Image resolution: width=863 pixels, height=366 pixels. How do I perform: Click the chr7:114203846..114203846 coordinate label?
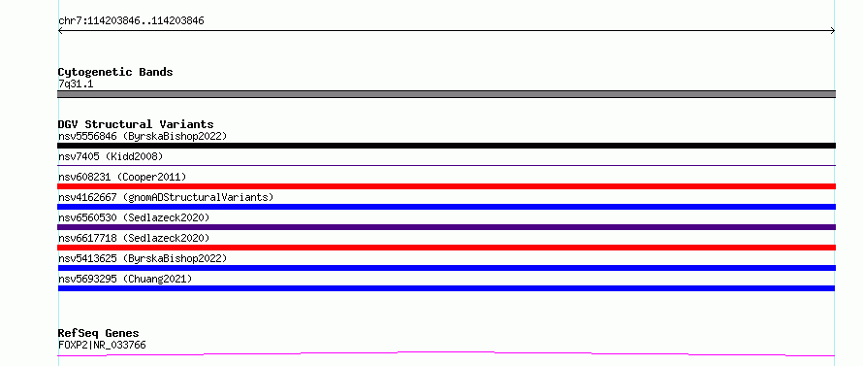tap(131, 21)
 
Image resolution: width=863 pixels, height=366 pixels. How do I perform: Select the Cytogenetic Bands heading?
tap(115, 72)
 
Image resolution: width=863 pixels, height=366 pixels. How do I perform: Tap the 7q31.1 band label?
tap(76, 83)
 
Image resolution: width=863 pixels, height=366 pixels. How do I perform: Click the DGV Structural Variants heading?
tap(136, 124)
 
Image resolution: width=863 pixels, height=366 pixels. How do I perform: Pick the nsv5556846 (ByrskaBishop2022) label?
tap(143, 136)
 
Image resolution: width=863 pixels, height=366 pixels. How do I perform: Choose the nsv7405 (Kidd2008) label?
tap(111, 156)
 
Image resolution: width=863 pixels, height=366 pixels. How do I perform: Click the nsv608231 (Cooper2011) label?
tap(122, 177)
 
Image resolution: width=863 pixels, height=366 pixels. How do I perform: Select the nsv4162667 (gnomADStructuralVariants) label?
tap(166, 197)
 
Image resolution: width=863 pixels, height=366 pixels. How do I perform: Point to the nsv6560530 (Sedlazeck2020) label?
tap(134, 217)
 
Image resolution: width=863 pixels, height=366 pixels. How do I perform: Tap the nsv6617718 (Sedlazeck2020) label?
tap(134, 238)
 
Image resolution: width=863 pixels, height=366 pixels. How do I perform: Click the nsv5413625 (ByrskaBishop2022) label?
tap(143, 258)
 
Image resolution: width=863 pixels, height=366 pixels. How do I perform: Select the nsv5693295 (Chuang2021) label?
tap(125, 279)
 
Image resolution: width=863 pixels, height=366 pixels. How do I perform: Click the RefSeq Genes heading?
tap(99, 333)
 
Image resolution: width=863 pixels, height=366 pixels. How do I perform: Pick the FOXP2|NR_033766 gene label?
tap(102, 345)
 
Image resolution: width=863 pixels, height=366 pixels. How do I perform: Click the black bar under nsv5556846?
tap(446, 146)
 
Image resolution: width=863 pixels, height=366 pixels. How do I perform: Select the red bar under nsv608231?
tap(446, 186)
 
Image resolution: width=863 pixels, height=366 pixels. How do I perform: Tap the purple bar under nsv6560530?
tap(446, 227)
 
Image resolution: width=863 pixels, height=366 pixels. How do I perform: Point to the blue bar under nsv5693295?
tap(446, 288)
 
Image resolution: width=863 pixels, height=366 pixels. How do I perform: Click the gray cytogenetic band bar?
tap(446, 94)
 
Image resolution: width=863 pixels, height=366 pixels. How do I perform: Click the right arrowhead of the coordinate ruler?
tap(833, 31)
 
